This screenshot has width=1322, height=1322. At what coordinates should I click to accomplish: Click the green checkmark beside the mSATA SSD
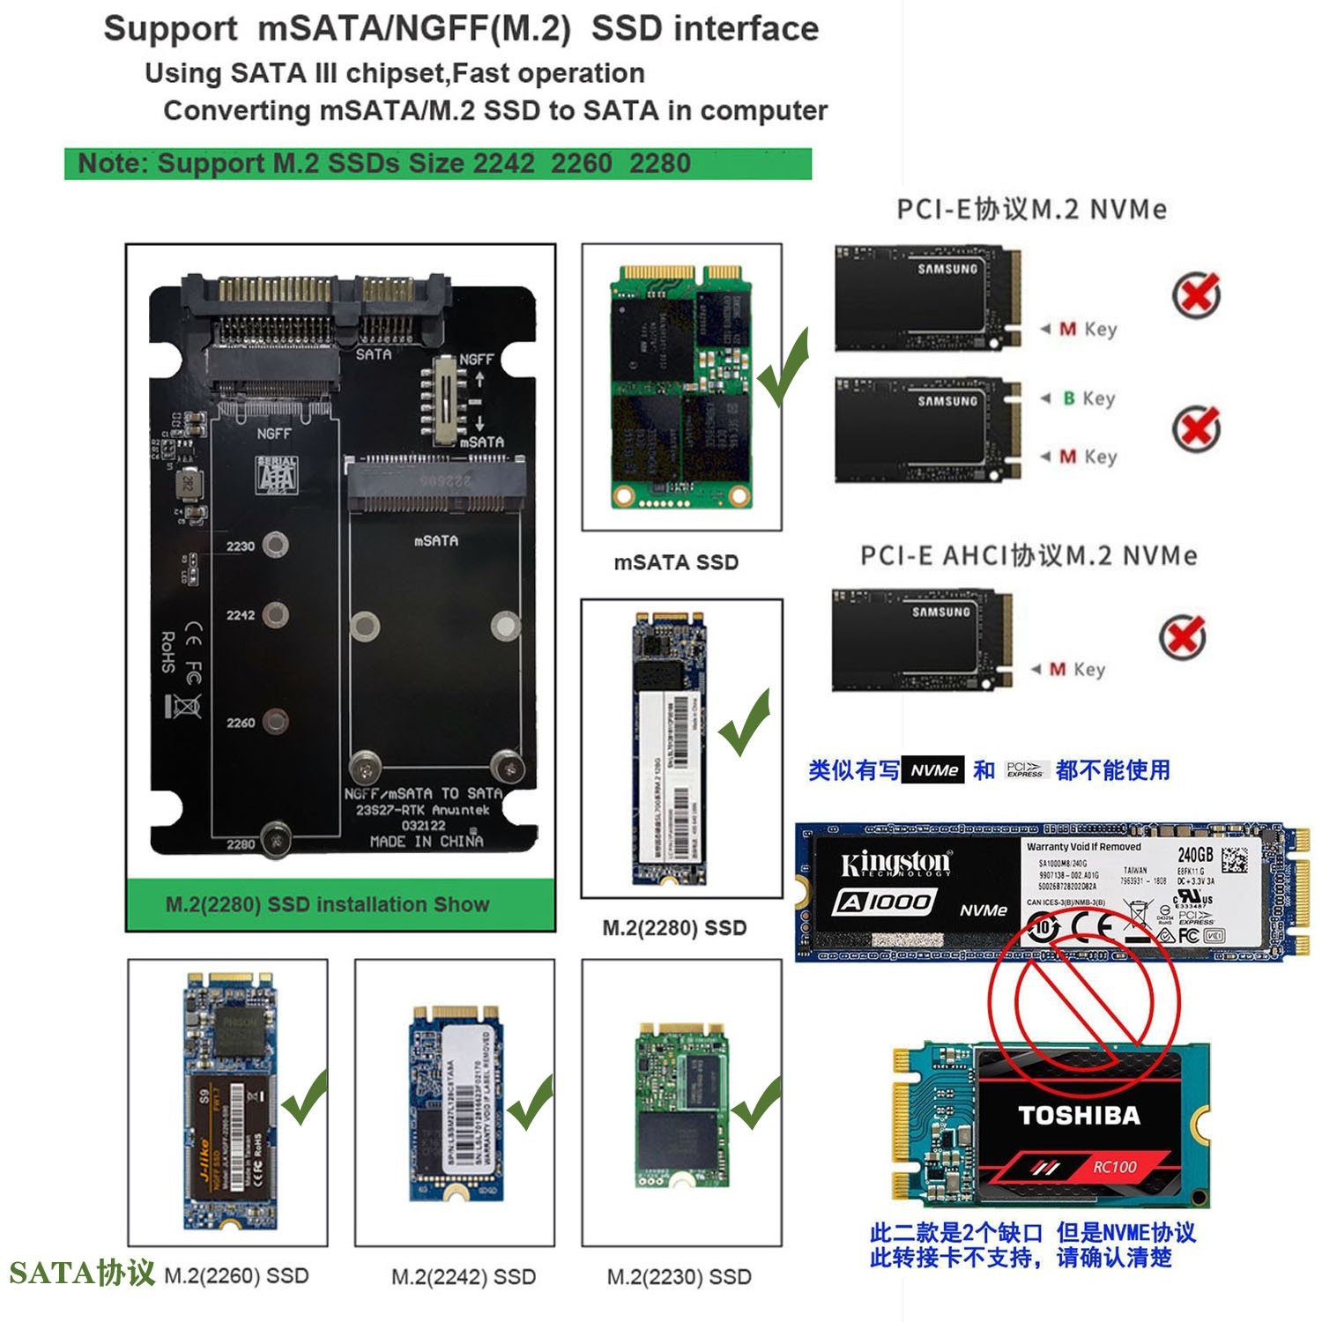tap(783, 368)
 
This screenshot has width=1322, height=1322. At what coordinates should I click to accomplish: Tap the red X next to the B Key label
tap(1196, 428)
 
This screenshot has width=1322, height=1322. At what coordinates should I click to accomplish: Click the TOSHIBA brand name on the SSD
tap(1079, 1116)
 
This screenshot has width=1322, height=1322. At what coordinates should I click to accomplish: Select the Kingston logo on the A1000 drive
tap(895, 863)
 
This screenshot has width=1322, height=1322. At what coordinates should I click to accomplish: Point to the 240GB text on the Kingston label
tap(1195, 854)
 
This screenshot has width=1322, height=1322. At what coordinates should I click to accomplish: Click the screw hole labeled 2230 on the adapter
tap(276, 546)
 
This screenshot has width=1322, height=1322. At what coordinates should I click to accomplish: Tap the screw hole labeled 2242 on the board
tap(276, 614)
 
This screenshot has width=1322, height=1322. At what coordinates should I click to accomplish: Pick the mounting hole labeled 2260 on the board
tap(276, 722)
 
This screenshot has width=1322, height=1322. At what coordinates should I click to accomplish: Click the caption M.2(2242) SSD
tap(464, 1276)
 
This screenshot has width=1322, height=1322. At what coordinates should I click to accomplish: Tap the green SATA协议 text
tap(81, 1273)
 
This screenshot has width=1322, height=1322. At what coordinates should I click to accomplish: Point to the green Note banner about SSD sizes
tap(437, 164)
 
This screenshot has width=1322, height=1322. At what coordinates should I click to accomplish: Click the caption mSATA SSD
tap(676, 562)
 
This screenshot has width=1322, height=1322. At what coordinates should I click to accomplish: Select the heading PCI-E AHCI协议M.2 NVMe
tap(1028, 556)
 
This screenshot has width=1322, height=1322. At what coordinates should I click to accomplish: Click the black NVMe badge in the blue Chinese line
tap(933, 770)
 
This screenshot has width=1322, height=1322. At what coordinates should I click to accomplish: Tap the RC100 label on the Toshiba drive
tap(1114, 1167)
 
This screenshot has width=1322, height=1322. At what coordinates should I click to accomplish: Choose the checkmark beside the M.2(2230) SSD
tap(755, 1103)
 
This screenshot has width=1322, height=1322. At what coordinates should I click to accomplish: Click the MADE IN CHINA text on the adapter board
tap(427, 841)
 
